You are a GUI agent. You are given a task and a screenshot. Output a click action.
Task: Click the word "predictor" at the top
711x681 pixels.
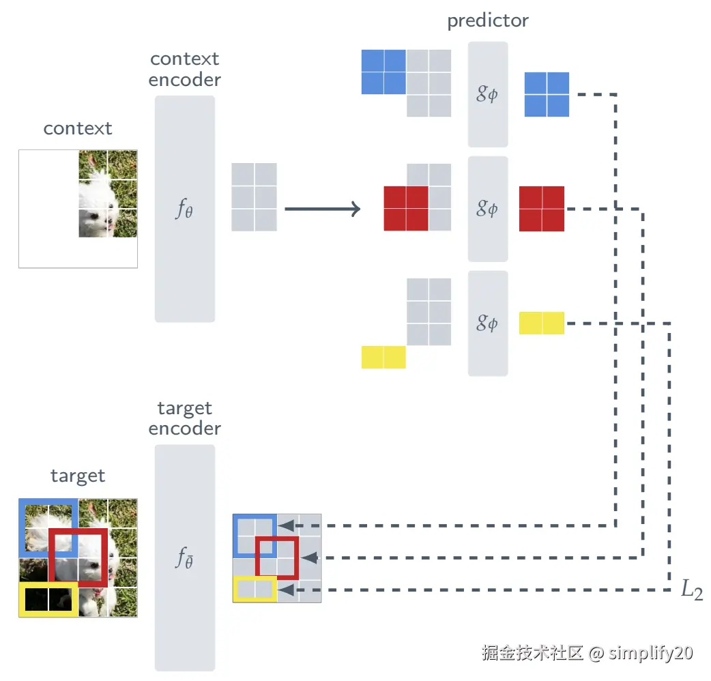(487, 21)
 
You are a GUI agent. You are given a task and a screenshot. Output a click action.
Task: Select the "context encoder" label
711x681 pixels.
(185, 69)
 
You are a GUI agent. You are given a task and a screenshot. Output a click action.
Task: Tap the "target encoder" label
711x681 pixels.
(185, 418)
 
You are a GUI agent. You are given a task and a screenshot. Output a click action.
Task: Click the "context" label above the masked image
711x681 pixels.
(78, 128)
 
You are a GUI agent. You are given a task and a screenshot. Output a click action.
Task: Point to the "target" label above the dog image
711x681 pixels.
(78, 476)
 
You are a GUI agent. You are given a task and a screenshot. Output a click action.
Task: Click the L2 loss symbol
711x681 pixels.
(691, 590)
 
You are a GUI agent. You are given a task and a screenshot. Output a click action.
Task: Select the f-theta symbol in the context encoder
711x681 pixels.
(184, 209)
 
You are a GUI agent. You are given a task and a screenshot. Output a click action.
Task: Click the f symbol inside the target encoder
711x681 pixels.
(184, 559)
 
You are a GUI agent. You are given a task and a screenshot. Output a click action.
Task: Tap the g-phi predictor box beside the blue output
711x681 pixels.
(487, 94)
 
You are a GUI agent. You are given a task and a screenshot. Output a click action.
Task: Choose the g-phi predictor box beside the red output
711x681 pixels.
(487, 209)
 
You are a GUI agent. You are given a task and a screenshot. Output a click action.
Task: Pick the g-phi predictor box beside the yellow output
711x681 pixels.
(487, 323)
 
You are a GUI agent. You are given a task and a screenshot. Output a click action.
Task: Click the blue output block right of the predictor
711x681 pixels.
(547, 94)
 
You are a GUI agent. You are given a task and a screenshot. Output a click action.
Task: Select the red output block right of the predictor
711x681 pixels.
(542, 209)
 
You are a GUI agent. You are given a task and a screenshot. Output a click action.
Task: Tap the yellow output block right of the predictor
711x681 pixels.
(542, 323)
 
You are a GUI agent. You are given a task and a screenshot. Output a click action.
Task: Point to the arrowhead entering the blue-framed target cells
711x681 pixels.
(287, 526)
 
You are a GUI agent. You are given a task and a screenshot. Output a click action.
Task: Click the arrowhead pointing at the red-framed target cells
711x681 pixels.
(310, 557)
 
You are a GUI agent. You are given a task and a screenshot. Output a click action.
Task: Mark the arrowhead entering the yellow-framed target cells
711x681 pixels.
(287, 589)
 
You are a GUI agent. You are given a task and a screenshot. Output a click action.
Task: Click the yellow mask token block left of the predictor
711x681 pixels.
(383, 357)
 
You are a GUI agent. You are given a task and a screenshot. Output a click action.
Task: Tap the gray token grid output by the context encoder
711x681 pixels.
(255, 197)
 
